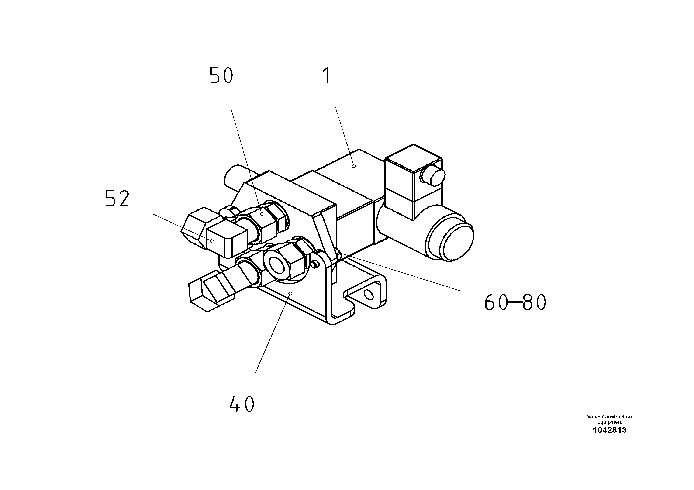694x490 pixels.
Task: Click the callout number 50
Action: pos(221,75)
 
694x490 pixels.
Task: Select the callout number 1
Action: pos(326,75)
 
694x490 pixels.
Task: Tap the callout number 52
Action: pos(117,199)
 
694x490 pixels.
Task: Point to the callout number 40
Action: pos(242,404)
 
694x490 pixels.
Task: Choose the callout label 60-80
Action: pos(515,302)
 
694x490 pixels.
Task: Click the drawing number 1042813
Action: pos(609,430)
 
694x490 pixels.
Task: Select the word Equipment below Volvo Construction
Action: pos(609,422)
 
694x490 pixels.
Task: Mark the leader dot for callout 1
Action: pos(354,166)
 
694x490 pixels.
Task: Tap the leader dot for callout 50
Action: pos(262,214)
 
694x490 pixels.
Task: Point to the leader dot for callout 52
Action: pos(212,241)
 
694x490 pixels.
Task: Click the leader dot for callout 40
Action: pos(290,293)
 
